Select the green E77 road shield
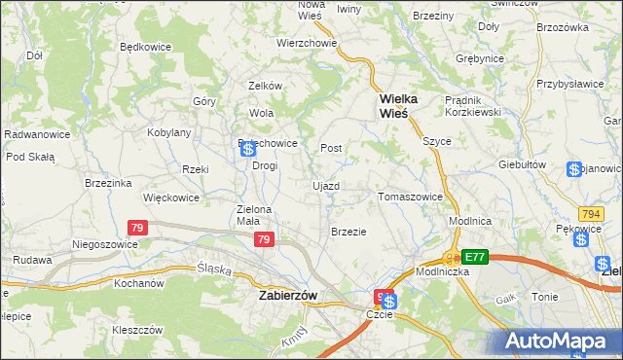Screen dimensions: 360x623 tap(474, 257)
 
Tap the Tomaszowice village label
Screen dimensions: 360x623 tap(410, 197)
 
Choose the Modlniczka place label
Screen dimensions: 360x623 tap(443, 271)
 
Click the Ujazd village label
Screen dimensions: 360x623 tap(325, 185)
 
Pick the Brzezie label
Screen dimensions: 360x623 tap(348, 232)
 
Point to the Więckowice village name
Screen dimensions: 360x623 tap(170, 197)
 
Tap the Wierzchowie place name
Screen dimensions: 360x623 tap(306, 43)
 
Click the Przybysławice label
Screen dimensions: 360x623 tap(569, 84)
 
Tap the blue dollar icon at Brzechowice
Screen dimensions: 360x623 tap(248, 149)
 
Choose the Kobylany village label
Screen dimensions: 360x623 tap(169, 131)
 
